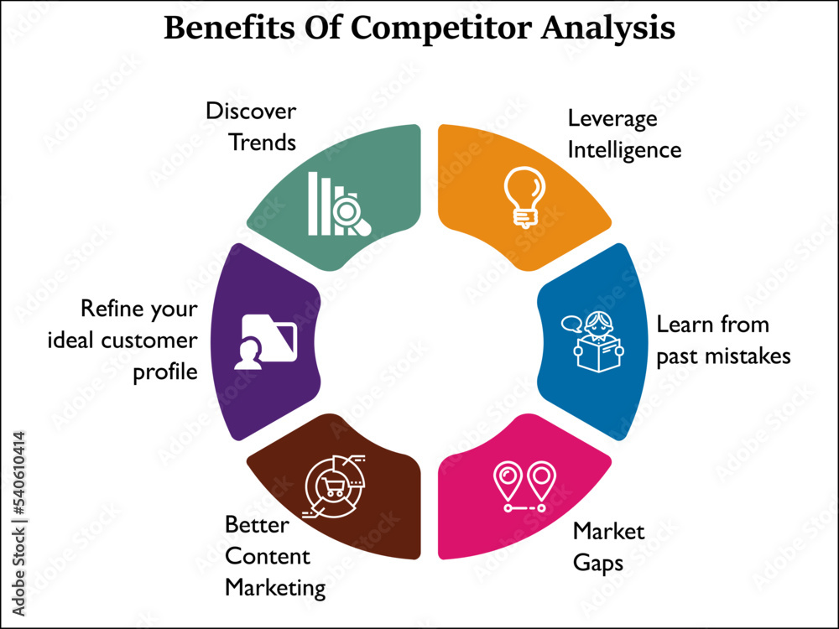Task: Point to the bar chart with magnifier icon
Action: (x=339, y=203)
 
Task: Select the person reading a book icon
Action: (x=596, y=340)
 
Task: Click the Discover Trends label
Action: (x=252, y=127)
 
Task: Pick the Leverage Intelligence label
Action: (x=624, y=134)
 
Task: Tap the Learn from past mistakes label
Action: (x=722, y=340)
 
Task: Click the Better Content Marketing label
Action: (x=274, y=556)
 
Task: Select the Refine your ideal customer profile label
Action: (x=139, y=340)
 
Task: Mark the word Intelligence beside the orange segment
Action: (x=624, y=150)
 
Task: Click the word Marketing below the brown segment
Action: (x=274, y=588)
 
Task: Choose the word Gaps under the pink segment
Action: (x=597, y=562)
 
